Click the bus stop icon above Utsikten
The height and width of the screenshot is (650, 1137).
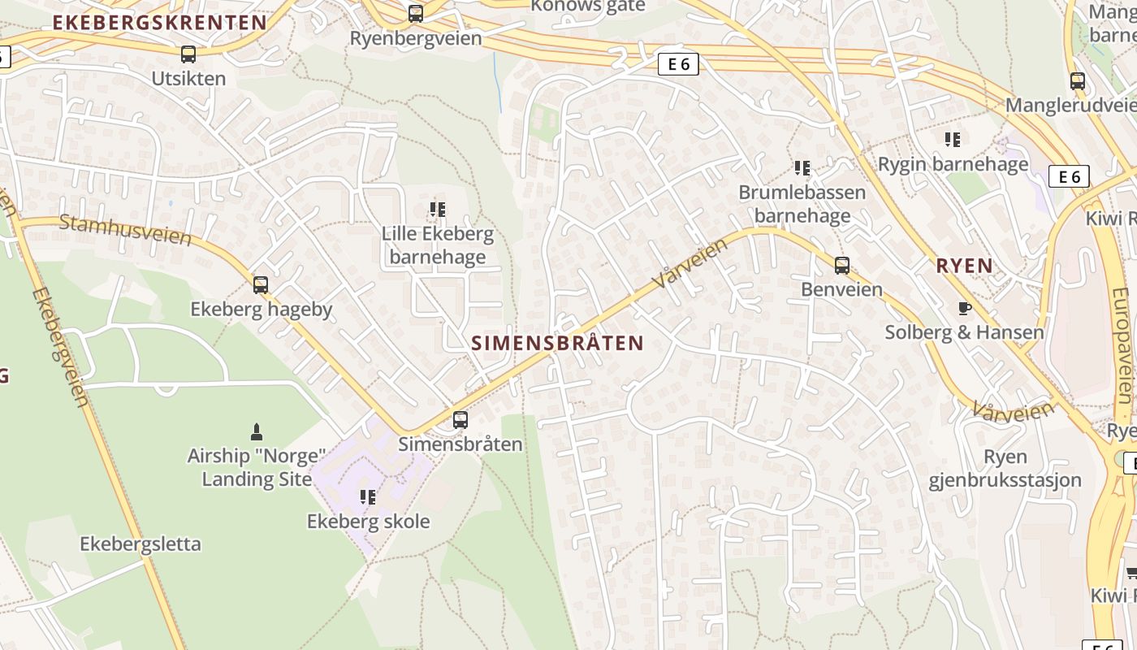pos(188,54)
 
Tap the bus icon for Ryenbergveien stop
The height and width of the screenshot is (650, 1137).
pos(416,14)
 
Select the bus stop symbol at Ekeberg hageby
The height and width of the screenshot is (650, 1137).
pos(261,285)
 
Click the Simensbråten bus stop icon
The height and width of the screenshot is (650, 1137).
pos(460,420)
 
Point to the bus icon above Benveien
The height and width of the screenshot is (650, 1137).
pos(842,265)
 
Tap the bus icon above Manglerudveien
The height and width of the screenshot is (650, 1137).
pos(1078,81)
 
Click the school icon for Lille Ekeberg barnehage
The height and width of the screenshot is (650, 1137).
pos(438,210)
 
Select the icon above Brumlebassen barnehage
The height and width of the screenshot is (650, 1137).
pos(802,168)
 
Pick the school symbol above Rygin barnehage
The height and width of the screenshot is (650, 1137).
pos(953,140)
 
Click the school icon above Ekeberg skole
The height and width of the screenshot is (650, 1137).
pos(368,496)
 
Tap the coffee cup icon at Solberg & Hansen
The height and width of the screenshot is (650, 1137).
pos(964,308)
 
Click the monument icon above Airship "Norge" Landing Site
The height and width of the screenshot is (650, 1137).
pos(257,431)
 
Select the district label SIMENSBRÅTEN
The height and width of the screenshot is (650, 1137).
pos(557,343)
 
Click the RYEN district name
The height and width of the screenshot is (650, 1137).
pos(964,266)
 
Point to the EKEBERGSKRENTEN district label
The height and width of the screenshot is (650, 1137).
pos(160,23)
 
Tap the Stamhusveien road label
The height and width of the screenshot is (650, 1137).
pos(126,231)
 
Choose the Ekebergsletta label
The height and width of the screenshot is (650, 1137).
pos(141,544)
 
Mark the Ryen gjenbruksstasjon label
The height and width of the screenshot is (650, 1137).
pos(1005,468)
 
